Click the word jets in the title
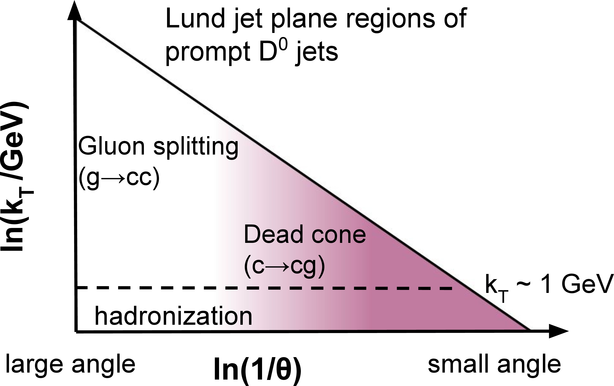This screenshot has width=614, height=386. click(317, 52)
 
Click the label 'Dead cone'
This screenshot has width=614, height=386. click(305, 234)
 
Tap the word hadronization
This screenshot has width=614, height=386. click(173, 317)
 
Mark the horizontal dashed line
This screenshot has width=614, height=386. click(255, 288)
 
